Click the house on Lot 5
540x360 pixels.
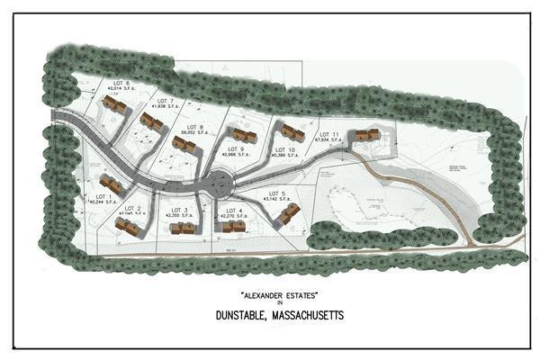click(287, 214)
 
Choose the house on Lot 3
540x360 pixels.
click(184, 228)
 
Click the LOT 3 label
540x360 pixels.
click(178, 211)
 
